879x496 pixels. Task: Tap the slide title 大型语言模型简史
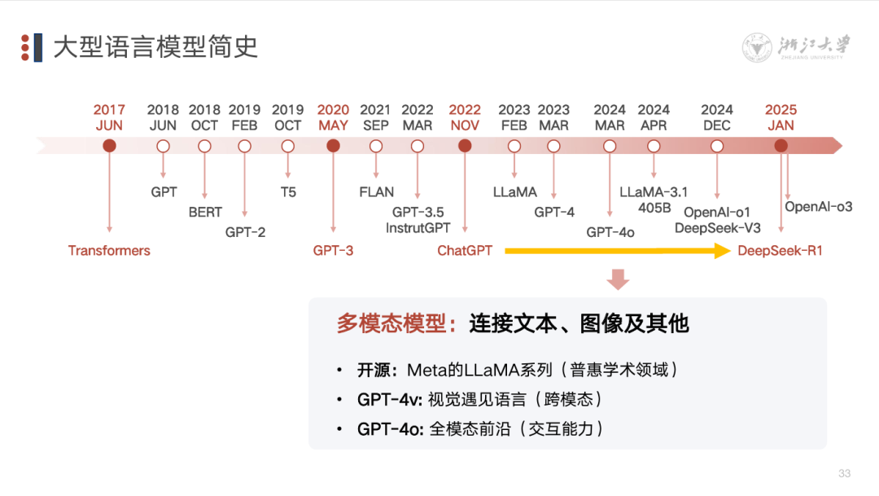155,47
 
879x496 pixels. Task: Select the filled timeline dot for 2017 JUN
109,146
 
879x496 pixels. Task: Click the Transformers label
109,251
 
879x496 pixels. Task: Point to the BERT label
204,212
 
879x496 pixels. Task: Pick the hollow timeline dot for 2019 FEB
244,146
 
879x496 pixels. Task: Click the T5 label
288,192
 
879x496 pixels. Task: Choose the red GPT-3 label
333,251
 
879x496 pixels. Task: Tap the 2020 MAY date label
333,117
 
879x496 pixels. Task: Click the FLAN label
376,192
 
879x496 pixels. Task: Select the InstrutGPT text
418,228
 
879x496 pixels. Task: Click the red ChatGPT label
465,251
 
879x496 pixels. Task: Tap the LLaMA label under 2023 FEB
514,192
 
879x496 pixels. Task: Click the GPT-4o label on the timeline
610,232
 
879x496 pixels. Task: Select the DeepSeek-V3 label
717,228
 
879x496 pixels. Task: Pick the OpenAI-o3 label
818,207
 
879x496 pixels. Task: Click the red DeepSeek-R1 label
780,251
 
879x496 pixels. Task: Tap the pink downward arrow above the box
618,279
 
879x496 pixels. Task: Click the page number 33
844,474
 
